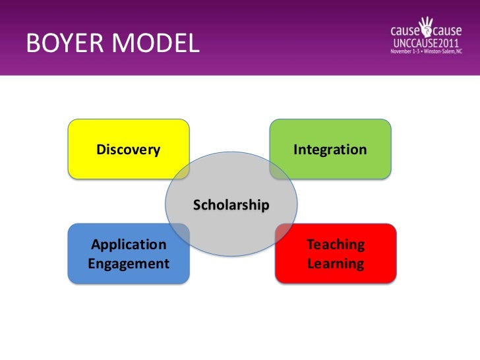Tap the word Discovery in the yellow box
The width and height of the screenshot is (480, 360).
pos(129,150)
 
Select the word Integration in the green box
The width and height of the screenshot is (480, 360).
pos(330,150)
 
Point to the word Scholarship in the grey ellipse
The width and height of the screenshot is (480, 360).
pos(231,205)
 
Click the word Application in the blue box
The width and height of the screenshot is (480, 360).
pos(129,245)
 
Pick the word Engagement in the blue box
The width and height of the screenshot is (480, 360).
pos(129,264)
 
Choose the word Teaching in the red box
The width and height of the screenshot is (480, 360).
pos(336,245)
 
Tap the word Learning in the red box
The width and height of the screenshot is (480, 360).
pos(336,264)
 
